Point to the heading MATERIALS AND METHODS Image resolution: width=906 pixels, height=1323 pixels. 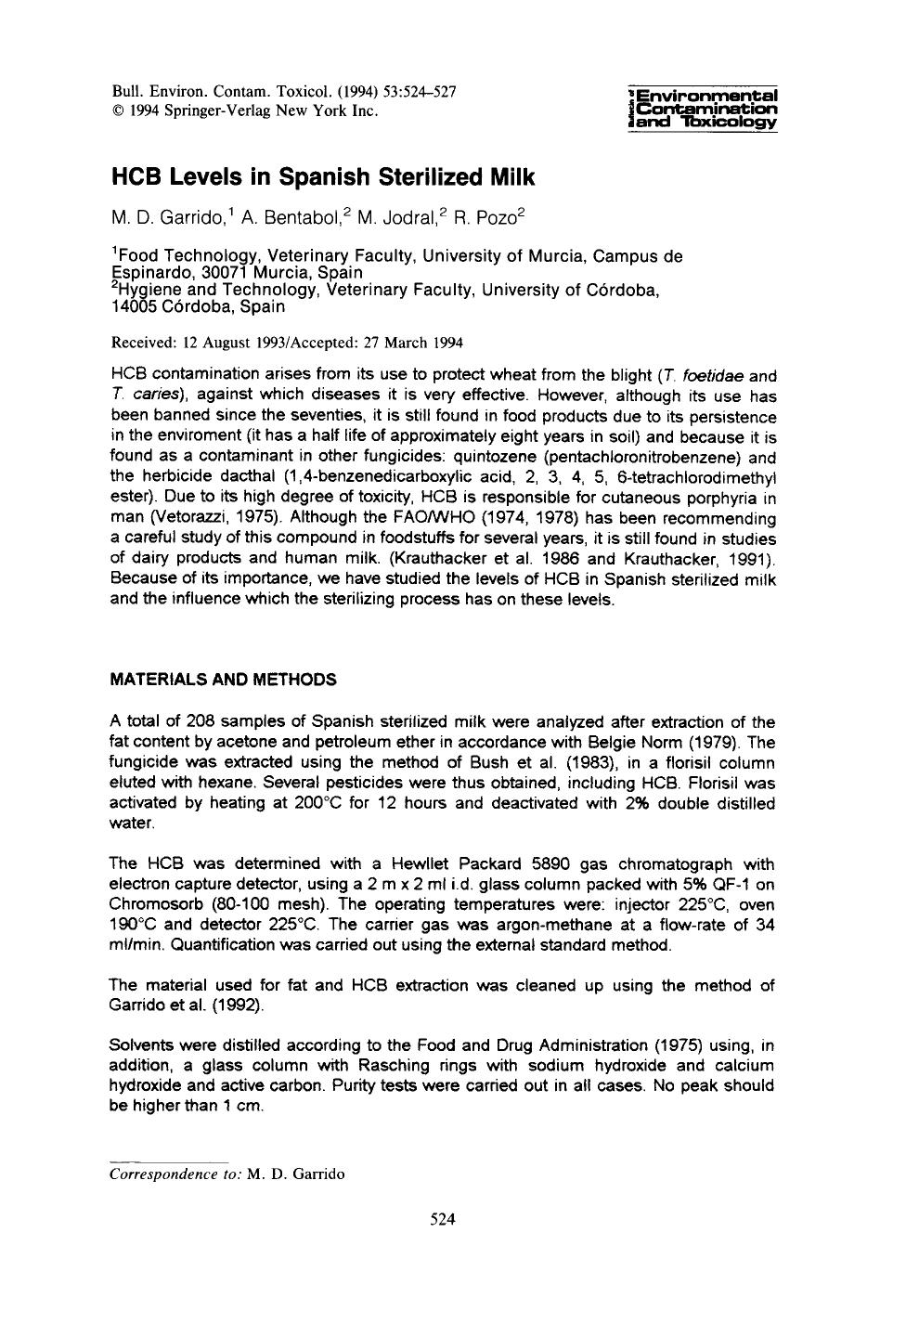coord(223,680)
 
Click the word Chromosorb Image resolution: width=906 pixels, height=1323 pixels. coord(153,904)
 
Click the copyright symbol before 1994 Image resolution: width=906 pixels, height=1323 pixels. coord(117,110)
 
